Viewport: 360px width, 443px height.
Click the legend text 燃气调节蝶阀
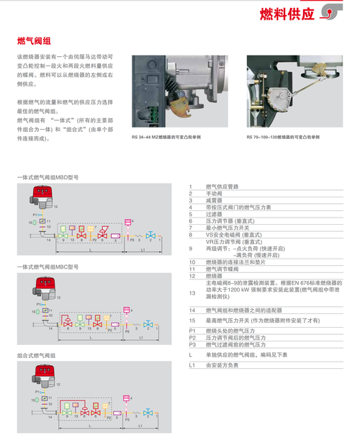point(222,268)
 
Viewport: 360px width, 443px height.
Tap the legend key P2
point(192,337)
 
